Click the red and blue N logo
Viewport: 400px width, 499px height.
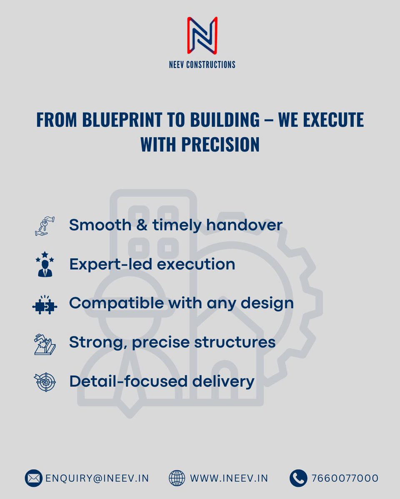click(202, 35)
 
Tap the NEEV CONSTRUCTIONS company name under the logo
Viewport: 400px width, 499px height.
click(202, 64)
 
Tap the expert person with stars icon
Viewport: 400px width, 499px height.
click(44, 264)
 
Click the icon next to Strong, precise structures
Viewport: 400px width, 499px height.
click(44, 343)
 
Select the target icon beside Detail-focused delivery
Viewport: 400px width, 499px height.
click(44, 382)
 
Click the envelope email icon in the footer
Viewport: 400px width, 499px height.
click(33, 478)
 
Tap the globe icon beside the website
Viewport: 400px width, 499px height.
click(177, 478)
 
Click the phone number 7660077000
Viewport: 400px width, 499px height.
click(345, 478)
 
